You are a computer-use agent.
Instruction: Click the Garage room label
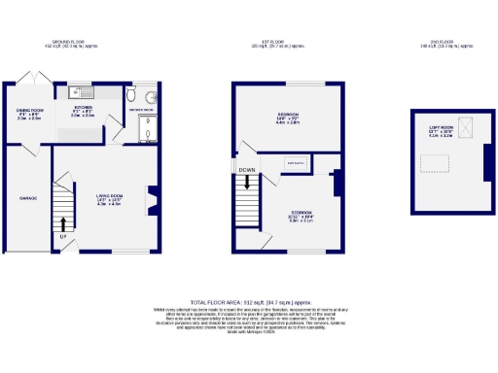click(x=28, y=198)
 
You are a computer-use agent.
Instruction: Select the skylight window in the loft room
click(x=463, y=125)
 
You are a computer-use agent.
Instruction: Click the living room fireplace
click(x=149, y=199)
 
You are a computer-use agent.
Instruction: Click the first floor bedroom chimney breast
click(x=336, y=184)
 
